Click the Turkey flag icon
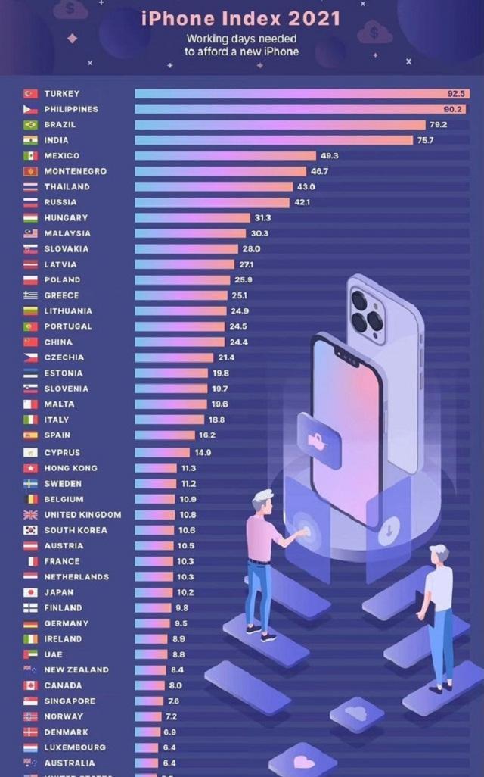point(30,94)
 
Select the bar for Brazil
point(280,125)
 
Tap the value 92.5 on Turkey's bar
point(455,94)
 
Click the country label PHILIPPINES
point(71,109)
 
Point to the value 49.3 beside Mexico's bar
point(330,156)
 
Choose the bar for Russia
point(212,202)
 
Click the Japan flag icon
point(30,592)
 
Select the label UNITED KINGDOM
point(82,515)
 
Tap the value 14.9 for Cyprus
point(203,453)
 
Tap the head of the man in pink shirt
point(263,501)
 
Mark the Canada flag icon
point(30,685)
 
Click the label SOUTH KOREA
point(76,530)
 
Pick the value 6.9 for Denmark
point(169,732)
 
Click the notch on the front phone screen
point(348,356)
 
